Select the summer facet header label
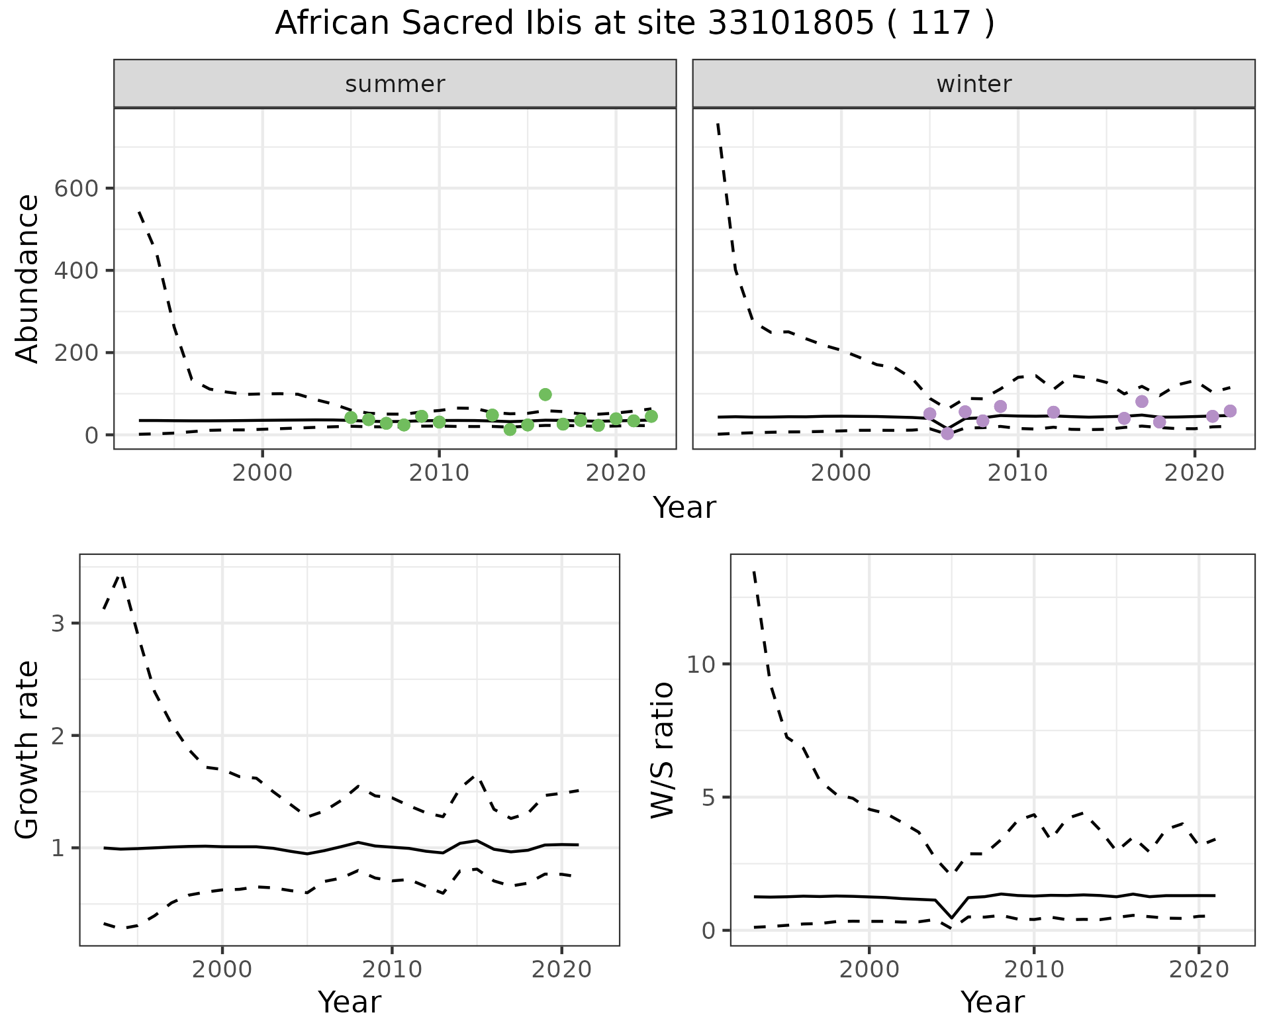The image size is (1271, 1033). [395, 84]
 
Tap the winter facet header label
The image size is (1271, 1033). [974, 84]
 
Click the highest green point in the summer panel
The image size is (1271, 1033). [545, 395]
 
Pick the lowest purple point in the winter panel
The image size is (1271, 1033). [947, 434]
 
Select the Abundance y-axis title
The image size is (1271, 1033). [28, 278]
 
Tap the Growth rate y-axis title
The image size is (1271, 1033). [28, 750]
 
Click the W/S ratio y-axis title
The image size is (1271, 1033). [662, 750]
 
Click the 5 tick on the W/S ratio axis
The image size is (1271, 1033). [710, 797]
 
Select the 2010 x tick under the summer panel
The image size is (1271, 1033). [438, 473]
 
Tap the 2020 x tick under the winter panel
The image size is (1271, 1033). [1194, 473]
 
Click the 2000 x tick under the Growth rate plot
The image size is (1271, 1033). [222, 970]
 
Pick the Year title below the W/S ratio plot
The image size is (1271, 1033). [992, 1002]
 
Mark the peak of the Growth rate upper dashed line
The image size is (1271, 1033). [120, 575]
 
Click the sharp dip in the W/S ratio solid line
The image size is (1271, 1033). [951, 918]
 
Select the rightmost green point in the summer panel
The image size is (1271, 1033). [651, 417]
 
